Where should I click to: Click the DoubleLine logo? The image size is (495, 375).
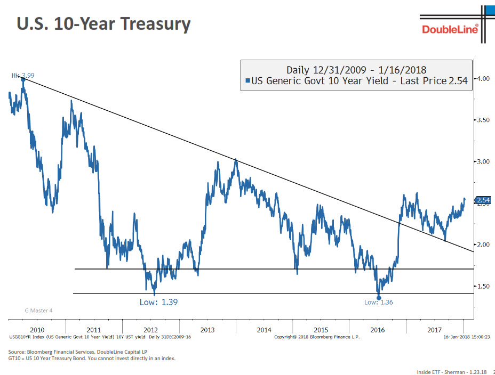(x=450, y=28)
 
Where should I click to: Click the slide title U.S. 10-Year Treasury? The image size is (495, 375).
(x=103, y=24)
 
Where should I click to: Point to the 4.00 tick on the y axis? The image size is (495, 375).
(x=483, y=78)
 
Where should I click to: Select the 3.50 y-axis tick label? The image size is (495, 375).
(x=483, y=120)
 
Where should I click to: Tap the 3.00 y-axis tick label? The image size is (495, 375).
(x=483, y=161)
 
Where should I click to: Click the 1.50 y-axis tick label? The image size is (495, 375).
(x=483, y=286)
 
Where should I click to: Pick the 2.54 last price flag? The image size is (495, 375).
(x=483, y=200)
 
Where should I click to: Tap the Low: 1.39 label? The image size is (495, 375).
(x=158, y=302)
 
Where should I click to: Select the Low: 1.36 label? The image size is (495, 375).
(x=378, y=302)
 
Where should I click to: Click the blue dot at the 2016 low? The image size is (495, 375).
(x=379, y=298)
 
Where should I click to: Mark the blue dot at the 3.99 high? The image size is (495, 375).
(x=23, y=79)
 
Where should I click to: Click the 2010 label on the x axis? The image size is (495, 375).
(x=37, y=330)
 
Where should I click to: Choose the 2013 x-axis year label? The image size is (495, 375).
(x=207, y=330)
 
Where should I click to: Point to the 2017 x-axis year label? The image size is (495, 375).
(x=434, y=330)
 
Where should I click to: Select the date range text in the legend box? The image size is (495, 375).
(x=356, y=70)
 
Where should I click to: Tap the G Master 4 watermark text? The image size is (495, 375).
(x=39, y=310)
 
